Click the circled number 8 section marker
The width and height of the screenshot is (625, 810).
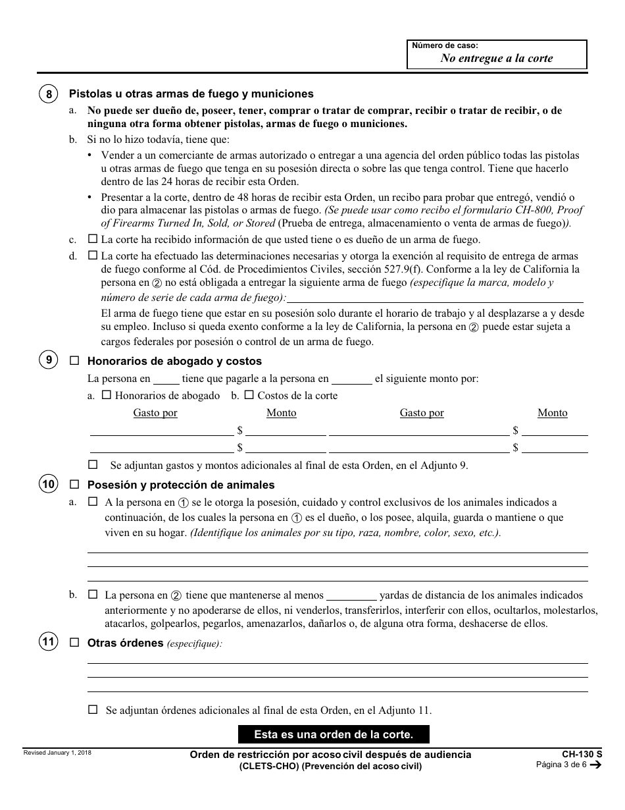click(x=49, y=94)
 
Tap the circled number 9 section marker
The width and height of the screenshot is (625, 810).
click(x=49, y=360)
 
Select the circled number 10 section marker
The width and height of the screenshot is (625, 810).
click(x=49, y=485)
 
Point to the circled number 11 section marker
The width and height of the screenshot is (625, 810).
click(x=49, y=642)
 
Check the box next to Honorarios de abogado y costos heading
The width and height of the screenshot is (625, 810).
click(x=74, y=361)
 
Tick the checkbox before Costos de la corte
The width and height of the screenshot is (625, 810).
click(x=249, y=395)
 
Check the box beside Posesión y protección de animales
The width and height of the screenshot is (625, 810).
click(x=74, y=485)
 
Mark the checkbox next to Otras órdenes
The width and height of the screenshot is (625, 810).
click(x=74, y=642)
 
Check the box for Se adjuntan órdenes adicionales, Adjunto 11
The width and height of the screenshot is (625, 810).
click(x=92, y=710)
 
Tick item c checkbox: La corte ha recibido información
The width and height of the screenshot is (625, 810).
click(x=92, y=239)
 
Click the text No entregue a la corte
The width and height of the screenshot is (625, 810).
click(x=497, y=58)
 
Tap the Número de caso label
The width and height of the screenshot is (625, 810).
click(x=445, y=45)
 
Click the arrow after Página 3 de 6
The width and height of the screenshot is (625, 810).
click(x=595, y=765)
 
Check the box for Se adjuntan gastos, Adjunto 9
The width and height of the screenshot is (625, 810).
click(x=92, y=464)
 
